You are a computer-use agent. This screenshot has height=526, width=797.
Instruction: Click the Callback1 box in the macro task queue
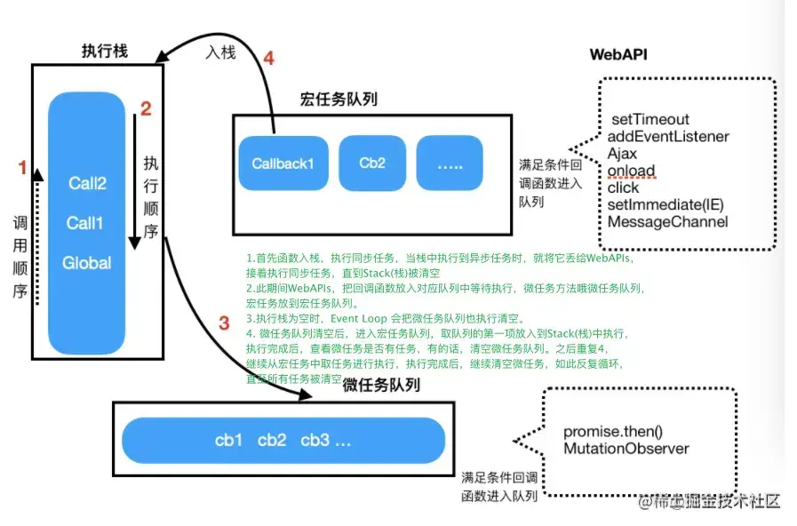(283, 163)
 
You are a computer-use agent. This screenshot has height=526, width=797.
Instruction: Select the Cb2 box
(372, 163)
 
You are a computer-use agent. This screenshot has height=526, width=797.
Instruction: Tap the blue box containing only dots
(450, 163)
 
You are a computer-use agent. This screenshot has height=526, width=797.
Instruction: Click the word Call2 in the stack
(87, 184)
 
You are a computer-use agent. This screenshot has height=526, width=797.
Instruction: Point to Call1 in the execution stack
(85, 223)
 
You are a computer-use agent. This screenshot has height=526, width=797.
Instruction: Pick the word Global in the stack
(86, 263)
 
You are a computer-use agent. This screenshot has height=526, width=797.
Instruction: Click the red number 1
(23, 165)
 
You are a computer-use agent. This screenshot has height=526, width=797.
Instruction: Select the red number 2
(147, 109)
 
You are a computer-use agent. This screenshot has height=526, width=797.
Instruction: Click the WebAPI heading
(618, 54)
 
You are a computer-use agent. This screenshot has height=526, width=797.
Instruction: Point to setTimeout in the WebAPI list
(650, 119)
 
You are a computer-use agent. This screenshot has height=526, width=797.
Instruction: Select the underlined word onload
(631, 171)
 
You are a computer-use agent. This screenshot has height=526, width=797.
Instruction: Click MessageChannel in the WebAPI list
(667, 221)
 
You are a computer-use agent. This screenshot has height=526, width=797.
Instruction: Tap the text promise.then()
(612, 432)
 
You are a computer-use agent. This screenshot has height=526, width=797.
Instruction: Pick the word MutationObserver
(626, 449)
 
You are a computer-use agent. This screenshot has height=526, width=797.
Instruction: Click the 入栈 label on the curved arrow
(220, 54)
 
